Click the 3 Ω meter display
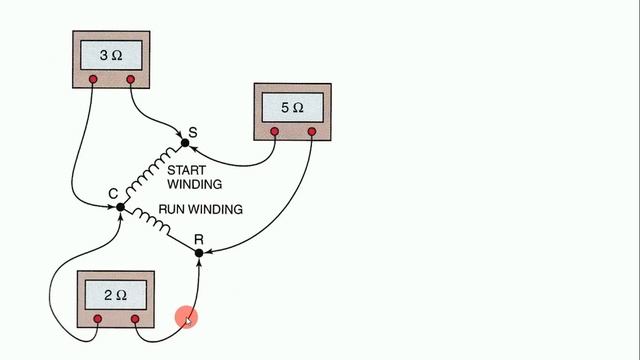click(x=111, y=53)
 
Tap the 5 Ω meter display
click(x=293, y=106)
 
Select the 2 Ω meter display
click(x=117, y=295)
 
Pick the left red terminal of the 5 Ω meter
click(x=275, y=131)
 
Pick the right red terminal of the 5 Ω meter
click(x=312, y=131)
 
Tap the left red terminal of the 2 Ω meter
click(x=98, y=319)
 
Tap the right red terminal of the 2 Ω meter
click(x=136, y=319)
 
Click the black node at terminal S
click(x=184, y=143)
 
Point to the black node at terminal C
click(x=120, y=207)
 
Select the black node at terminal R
click(x=199, y=253)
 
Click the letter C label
click(x=112, y=193)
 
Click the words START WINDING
click(x=194, y=177)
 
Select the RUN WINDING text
click(x=201, y=210)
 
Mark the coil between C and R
click(x=160, y=228)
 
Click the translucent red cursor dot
click(x=186, y=318)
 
